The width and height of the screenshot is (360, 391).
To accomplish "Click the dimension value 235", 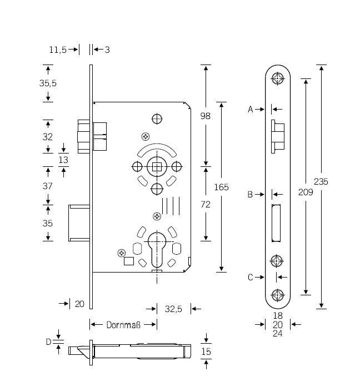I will [x=321, y=181].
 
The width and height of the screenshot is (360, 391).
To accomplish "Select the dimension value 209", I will [x=306, y=192].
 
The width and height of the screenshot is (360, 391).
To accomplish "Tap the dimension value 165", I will [x=222, y=187].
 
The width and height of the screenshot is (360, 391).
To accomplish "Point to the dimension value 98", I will [x=206, y=116].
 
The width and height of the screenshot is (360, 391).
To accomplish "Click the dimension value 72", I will [x=206, y=204].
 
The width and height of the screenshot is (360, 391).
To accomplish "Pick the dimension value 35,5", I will [x=48, y=83].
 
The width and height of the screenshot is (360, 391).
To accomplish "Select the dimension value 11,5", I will [x=57, y=50].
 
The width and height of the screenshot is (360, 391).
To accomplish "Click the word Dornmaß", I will [x=123, y=324].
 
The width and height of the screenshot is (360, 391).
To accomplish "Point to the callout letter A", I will [x=251, y=110].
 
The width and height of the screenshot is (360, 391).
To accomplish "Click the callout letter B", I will [x=251, y=195].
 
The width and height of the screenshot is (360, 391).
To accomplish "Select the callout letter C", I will [x=251, y=277].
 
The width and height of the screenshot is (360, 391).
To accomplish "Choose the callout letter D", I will [x=48, y=342].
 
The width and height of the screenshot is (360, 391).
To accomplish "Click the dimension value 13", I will [x=63, y=160].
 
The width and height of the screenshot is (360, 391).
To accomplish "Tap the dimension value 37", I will [x=48, y=186].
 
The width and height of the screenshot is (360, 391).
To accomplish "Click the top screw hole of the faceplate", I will [x=277, y=78].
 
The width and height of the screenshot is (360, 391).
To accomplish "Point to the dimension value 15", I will [x=206, y=351].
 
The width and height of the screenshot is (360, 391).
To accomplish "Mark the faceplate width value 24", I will [x=278, y=334].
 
